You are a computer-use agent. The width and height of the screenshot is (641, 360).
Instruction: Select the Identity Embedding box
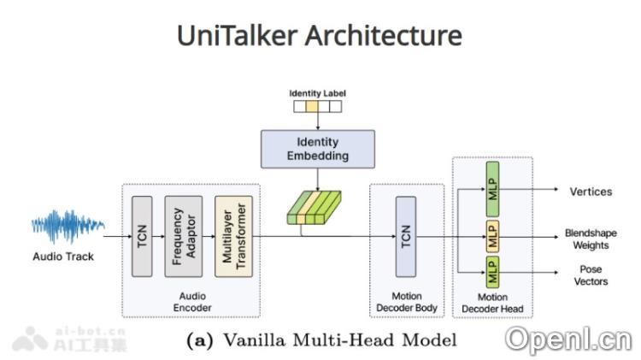(x=317, y=149)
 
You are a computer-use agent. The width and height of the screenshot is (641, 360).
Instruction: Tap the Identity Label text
(x=317, y=92)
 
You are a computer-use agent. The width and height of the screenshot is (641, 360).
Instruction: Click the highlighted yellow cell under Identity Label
(x=312, y=107)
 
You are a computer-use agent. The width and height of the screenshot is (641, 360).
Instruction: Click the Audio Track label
(x=63, y=256)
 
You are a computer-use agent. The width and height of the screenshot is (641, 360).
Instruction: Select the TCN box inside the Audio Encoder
(x=142, y=236)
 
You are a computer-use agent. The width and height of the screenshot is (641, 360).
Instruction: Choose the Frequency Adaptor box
(x=184, y=236)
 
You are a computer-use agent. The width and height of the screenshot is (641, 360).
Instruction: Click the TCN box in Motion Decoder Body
(x=406, y=236)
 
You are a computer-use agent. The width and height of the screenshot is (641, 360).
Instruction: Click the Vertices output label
(x=591, y=192)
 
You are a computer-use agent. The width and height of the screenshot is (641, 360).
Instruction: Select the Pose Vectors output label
(x=591, y=274)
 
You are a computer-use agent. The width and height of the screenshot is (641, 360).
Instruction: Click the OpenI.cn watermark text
(x=567, y=339)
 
